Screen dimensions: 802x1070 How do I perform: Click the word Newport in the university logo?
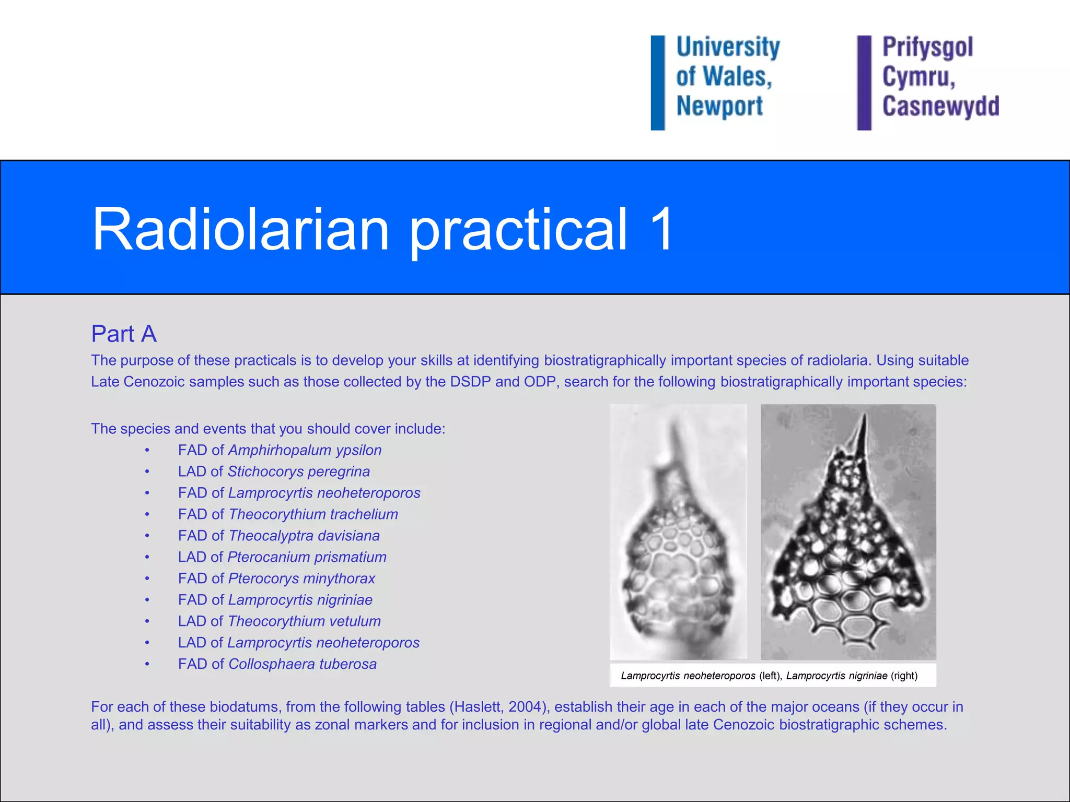coord(719,106)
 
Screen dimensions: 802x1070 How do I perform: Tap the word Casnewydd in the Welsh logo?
coord(940,106)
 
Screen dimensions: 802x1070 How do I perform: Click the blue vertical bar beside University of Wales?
coord(658,82)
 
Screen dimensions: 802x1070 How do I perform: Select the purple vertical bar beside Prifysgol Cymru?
coord(864,82)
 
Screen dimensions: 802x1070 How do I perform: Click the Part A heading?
coord(124,334)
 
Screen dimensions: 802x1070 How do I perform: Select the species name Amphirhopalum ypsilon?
coord(305,450)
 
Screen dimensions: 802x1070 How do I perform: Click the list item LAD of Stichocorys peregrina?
coord(274,471)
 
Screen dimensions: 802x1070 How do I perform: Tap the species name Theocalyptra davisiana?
coord(304,536)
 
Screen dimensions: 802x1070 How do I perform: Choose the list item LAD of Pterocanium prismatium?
coord(282,557)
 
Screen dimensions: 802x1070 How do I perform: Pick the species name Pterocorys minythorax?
coord(301,579)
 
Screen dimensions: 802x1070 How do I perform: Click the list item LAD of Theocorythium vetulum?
coord(279,621)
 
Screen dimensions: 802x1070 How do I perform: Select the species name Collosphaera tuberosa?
coord(302,664)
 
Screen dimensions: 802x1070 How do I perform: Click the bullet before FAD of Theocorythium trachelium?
coord(147,515)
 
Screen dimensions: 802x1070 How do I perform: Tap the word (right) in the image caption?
coord(904,676)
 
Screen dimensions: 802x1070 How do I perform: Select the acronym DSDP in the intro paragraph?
coord(470,382)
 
